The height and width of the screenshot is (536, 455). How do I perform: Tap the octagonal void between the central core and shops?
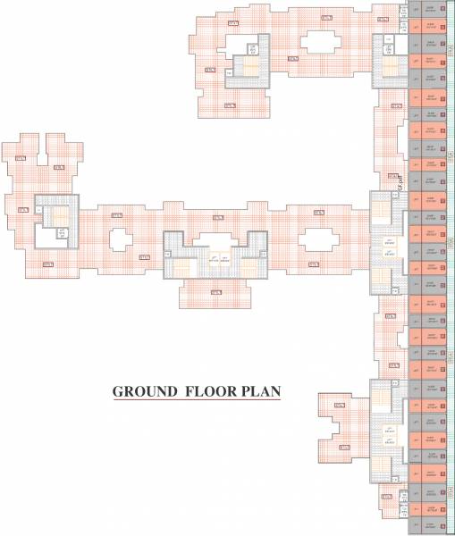pyautogui.click(x=316, y=239)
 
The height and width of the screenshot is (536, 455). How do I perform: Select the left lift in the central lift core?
pyautogui.click(x=213, y=258)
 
